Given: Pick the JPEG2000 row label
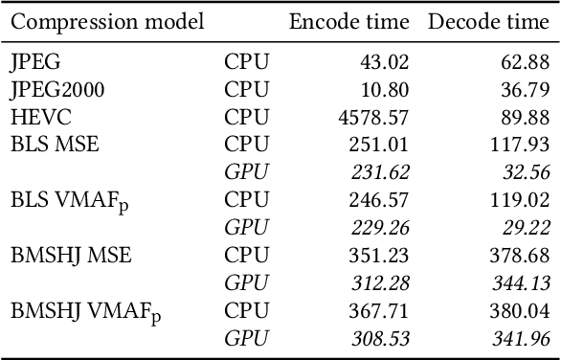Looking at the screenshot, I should (56, 90).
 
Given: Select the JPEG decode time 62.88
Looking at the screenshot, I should (527, 62).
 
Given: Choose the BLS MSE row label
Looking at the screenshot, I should (55, 145).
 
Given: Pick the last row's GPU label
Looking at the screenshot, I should (246, 338).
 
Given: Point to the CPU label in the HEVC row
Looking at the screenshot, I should (247, 117).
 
